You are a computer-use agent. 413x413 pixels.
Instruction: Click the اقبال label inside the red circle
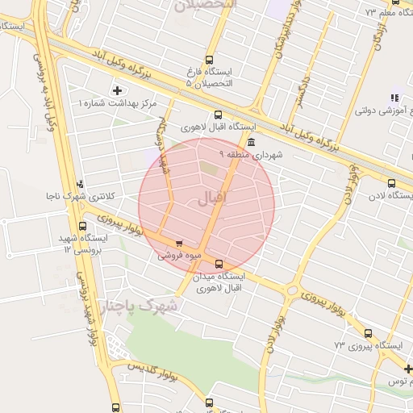pos(212,198)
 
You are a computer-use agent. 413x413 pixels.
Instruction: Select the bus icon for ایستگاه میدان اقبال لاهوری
pos(219,264)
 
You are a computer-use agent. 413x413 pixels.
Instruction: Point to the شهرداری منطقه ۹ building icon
pos(252,142)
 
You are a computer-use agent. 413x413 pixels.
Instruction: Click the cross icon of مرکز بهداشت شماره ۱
pos(119,90)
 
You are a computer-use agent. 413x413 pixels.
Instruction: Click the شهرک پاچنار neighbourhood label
pos(140,306)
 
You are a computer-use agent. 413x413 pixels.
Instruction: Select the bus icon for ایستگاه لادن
pos(392,183)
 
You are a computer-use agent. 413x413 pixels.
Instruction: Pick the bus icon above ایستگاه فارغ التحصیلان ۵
pos(210,60)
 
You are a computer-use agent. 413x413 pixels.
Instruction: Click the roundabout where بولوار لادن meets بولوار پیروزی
pos(292,290)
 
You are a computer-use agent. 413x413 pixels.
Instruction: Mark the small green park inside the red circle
pos(209,169)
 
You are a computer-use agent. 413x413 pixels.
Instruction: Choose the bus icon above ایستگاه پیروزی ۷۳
pos(369,333)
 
